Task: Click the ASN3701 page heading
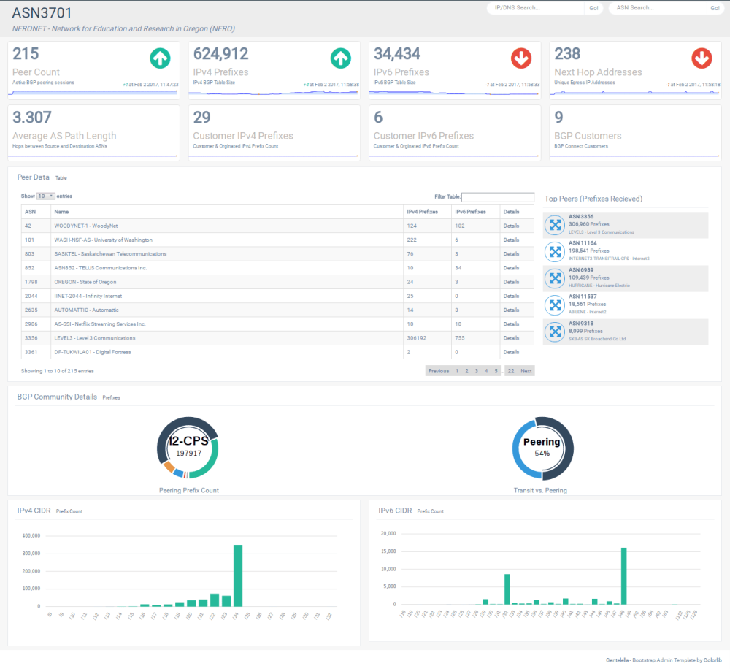pos(42,13)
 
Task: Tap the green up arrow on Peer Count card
pos(160,58)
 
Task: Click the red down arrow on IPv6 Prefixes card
pos(521,58)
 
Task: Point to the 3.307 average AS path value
pos(32,118)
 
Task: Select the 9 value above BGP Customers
pos(558,118)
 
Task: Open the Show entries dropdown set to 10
pos(45,196)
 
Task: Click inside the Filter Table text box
pos(498,196)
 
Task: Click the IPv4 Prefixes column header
pos(422,212)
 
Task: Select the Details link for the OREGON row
pos(511,282)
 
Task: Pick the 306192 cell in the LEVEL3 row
pos(418,338)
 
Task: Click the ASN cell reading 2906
pos(31,324)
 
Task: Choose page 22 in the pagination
pos(510,371)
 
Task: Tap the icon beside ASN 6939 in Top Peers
pos(555,278)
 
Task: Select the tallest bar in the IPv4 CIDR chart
pos(237,576)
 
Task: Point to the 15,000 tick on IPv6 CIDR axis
pos(387,551)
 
